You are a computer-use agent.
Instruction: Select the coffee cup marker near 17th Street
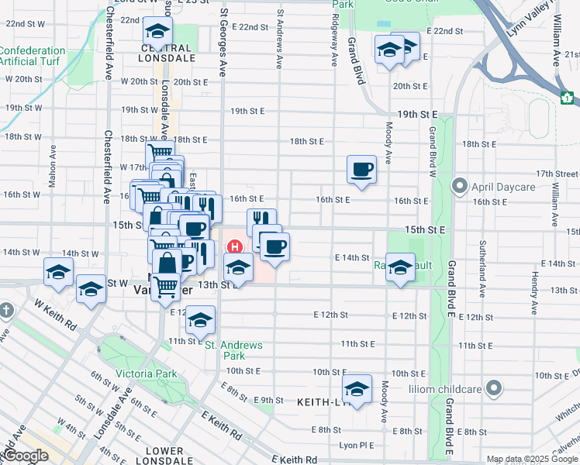tap(361, 168)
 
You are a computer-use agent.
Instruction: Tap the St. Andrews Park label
tap(233, 350)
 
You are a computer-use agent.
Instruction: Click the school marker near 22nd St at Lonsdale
tap(157, 31)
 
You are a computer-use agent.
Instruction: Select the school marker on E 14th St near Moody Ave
tap(400, 268)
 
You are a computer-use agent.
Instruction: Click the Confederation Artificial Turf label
tap(33, 56)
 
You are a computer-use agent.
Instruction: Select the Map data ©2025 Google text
tap(531, 459)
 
